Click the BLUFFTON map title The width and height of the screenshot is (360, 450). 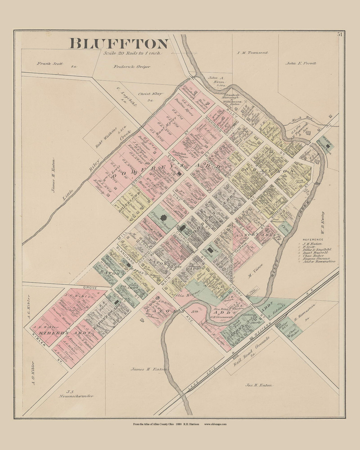119,44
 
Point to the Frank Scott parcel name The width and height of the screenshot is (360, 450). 50,64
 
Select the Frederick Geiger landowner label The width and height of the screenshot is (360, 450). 131,66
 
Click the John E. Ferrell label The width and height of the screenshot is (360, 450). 301,63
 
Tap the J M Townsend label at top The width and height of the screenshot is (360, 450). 252,53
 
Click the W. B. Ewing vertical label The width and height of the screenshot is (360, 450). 323,225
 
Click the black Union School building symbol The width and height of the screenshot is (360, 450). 163,218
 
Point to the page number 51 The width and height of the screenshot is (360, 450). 340,34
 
